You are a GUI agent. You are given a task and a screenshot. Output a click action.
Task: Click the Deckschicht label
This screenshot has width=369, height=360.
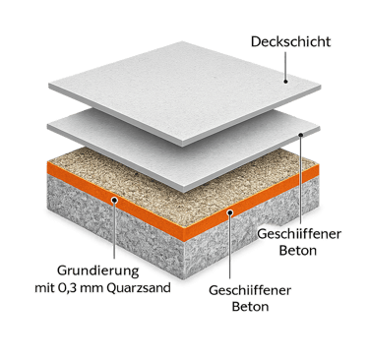coord(291,41)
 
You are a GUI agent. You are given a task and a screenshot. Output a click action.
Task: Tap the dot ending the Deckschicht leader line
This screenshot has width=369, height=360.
coord(285,81)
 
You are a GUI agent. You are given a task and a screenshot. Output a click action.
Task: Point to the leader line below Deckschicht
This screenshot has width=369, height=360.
coord(285,66)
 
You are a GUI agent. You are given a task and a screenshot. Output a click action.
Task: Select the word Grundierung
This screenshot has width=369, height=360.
coord(98,271)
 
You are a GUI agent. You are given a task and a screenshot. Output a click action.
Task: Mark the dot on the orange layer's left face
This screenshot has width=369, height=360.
coord(114,200)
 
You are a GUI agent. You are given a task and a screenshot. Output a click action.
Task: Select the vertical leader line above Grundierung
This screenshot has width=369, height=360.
coord(114,230)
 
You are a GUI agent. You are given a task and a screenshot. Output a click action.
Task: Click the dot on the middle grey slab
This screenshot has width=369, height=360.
coord(301,134)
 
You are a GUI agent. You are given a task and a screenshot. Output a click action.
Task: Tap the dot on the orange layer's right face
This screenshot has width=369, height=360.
coord(230,212)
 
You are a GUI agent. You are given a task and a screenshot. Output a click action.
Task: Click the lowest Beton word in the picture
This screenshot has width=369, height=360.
coord(250,307)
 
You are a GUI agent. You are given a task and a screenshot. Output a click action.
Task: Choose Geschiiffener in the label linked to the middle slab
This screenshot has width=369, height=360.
coord(299,234)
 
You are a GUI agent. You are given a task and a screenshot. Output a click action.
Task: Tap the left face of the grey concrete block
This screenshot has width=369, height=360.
coord(116,229)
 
